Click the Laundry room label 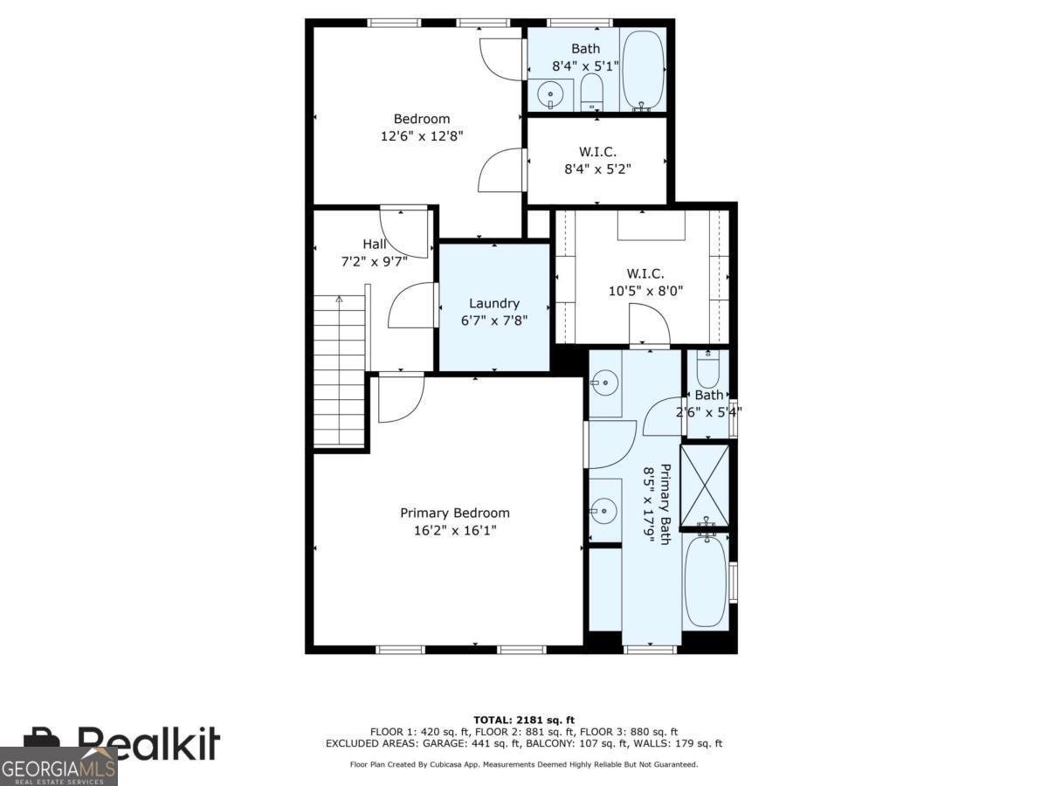[494, 303]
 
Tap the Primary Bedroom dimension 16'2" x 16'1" [454, 530]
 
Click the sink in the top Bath [550, 92]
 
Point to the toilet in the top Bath [592, 90]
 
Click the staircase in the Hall [340, 371]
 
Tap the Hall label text [375, 245]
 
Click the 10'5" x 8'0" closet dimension [645, 291]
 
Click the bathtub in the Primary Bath [705, 582]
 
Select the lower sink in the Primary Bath [603, 509]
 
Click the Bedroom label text [422, 119]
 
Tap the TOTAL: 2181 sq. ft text [524, 720]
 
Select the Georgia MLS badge [59, 767]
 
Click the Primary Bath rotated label [665, 504]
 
